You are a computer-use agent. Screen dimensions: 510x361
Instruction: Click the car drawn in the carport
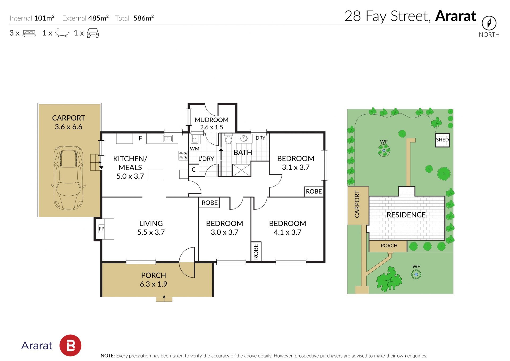pos(69,178)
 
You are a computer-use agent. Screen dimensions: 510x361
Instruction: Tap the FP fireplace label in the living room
pos(101,229)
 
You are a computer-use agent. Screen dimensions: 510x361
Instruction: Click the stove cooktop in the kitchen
pos(183,156)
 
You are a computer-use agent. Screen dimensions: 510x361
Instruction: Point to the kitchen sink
pos(168,138)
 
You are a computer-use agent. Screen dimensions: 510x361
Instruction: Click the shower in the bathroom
pos(241,170)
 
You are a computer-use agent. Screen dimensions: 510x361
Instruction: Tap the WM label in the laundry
pos(194,149)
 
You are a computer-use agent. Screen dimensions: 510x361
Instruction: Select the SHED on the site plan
pos(442,140)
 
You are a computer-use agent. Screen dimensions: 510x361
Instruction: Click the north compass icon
pos(489,23)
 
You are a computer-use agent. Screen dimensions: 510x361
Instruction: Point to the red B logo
pos(70,345)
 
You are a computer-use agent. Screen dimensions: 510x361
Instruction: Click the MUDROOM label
pos(211,120)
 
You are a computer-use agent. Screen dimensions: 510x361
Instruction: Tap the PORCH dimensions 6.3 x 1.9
pos(154,284)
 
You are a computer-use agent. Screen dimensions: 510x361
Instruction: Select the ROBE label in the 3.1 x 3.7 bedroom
pos(314,191)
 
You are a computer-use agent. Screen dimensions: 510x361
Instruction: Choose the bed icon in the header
pos(29,33)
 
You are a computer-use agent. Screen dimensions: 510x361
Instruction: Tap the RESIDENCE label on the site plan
pos(406,215)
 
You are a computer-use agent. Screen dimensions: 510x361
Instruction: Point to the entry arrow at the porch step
pos(164,298)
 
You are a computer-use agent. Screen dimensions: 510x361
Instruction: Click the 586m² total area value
pos(143,18)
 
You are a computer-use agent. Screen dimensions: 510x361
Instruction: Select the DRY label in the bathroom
pos(260,138)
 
